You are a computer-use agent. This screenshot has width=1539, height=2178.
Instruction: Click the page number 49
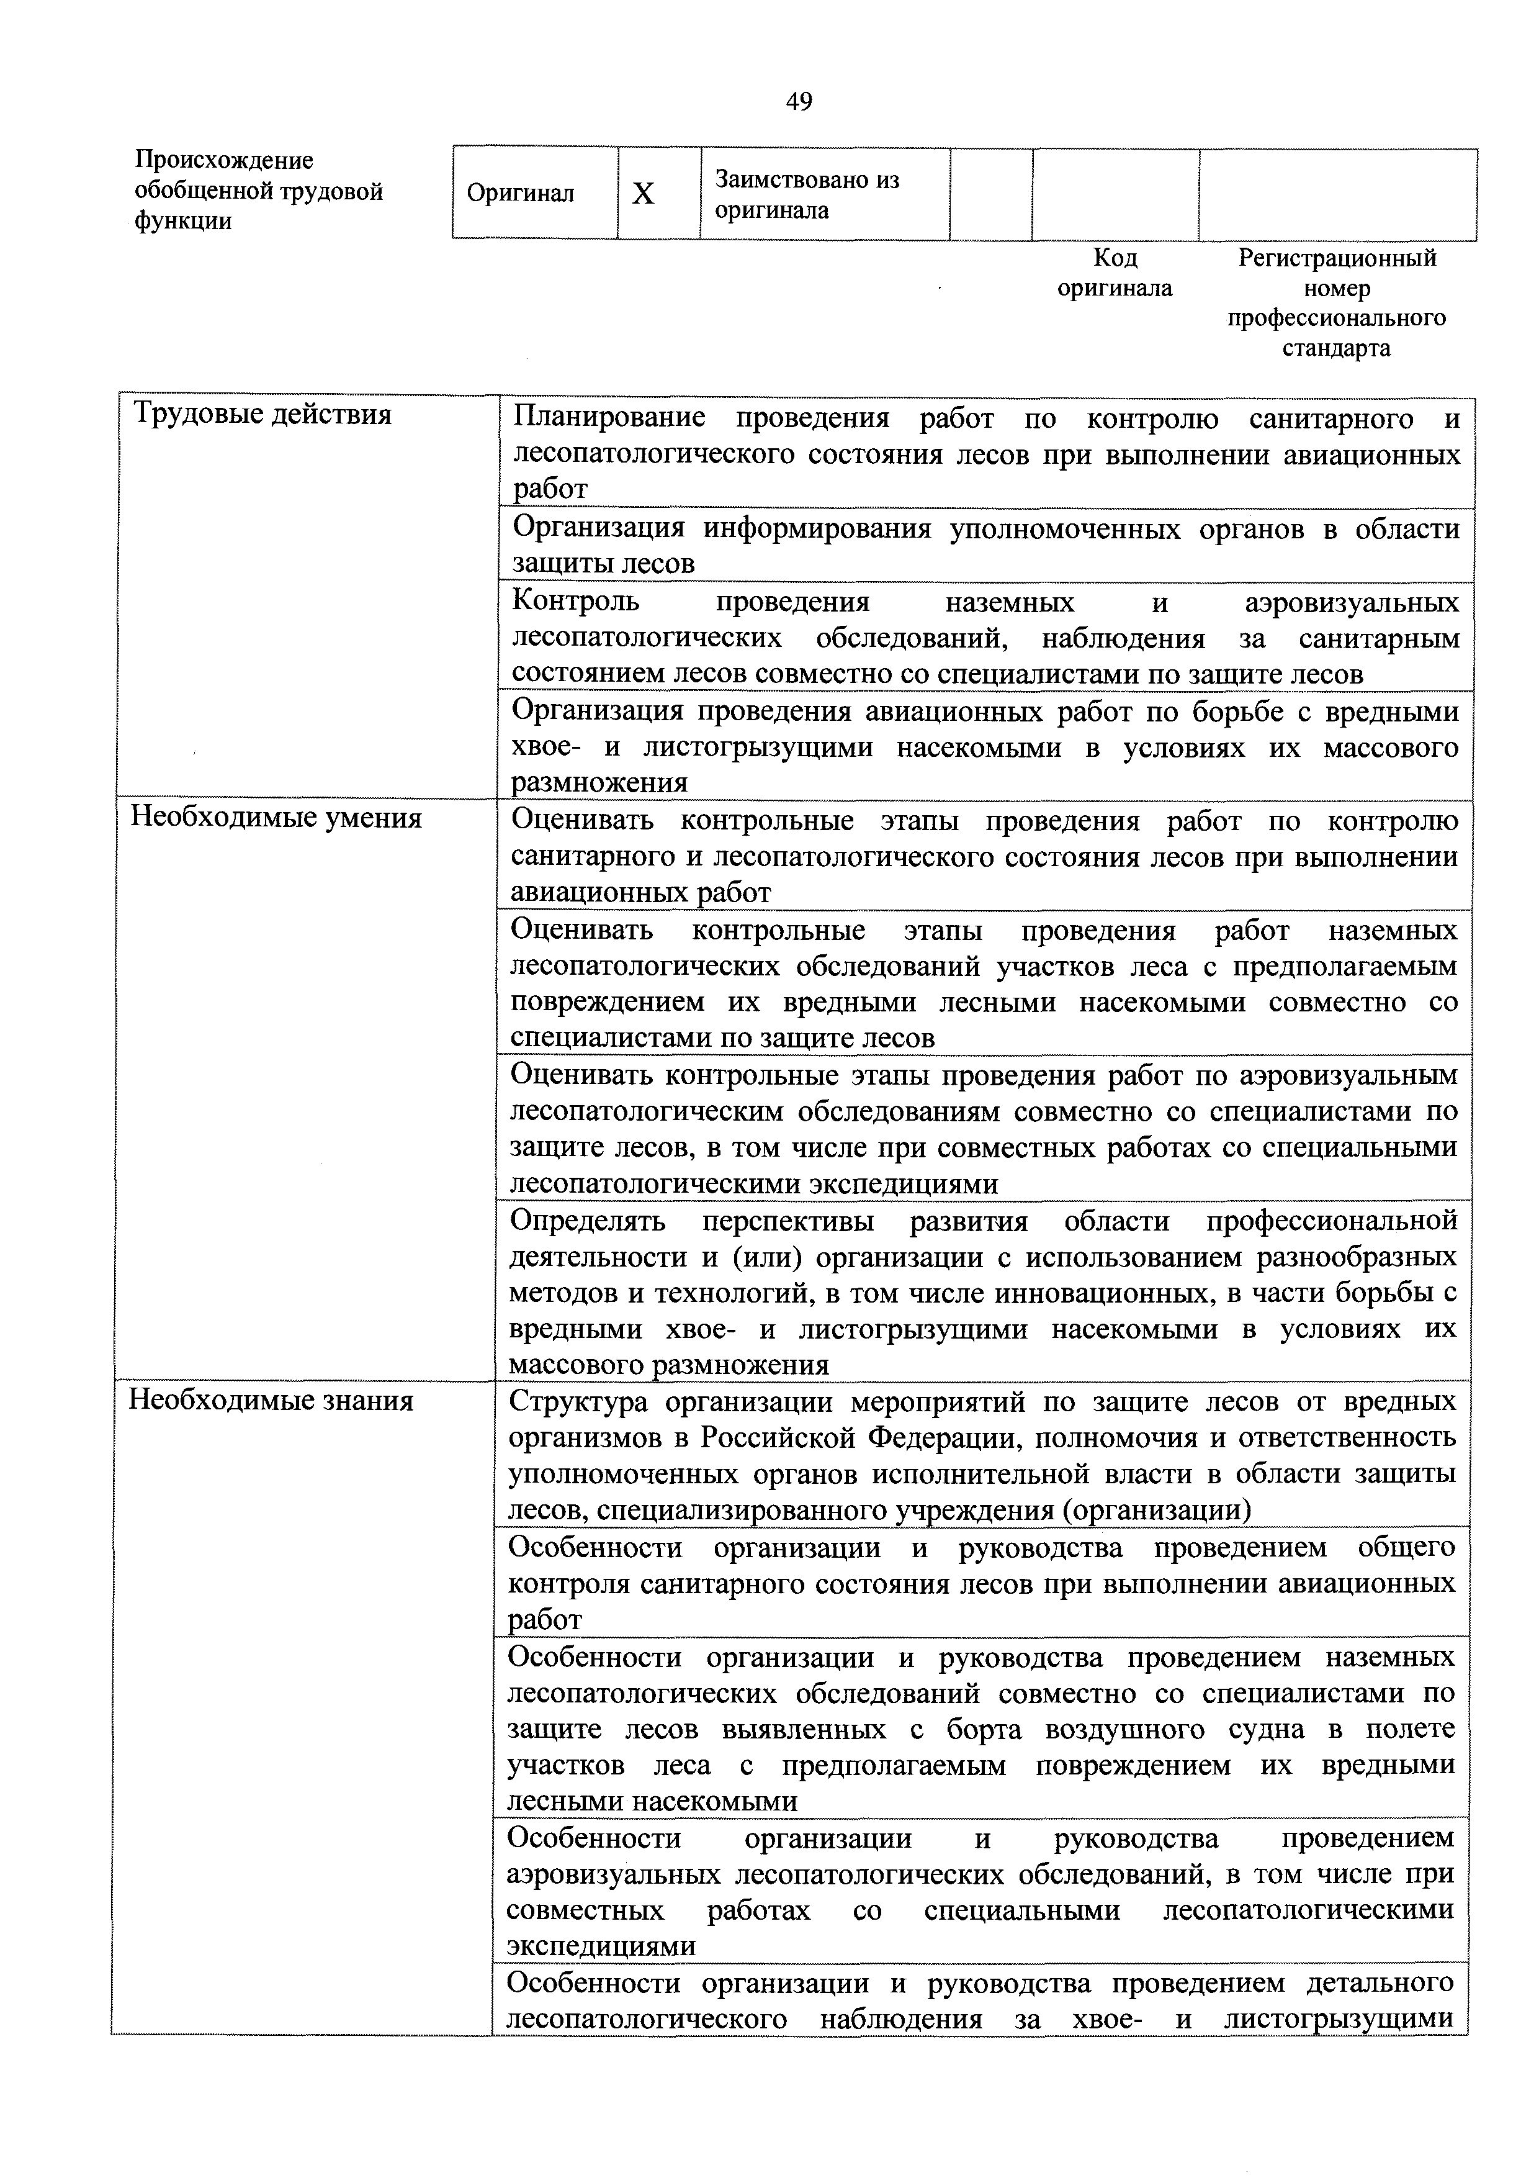(x=799, y=101)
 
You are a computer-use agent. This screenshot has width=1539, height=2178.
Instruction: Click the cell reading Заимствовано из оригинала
(x=807, y=194)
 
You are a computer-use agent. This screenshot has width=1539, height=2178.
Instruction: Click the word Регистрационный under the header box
(x=1337, y=258)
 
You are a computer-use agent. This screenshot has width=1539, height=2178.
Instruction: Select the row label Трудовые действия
(x=262, y=415)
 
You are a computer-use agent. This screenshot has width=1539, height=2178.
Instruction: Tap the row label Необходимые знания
(x=271, y=1402)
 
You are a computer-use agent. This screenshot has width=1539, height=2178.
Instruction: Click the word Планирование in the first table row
(x=609, y=418)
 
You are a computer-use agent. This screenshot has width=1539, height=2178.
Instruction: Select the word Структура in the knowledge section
(x=578, y=1402)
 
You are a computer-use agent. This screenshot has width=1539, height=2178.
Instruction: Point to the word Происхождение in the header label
(x=224, y=160)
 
